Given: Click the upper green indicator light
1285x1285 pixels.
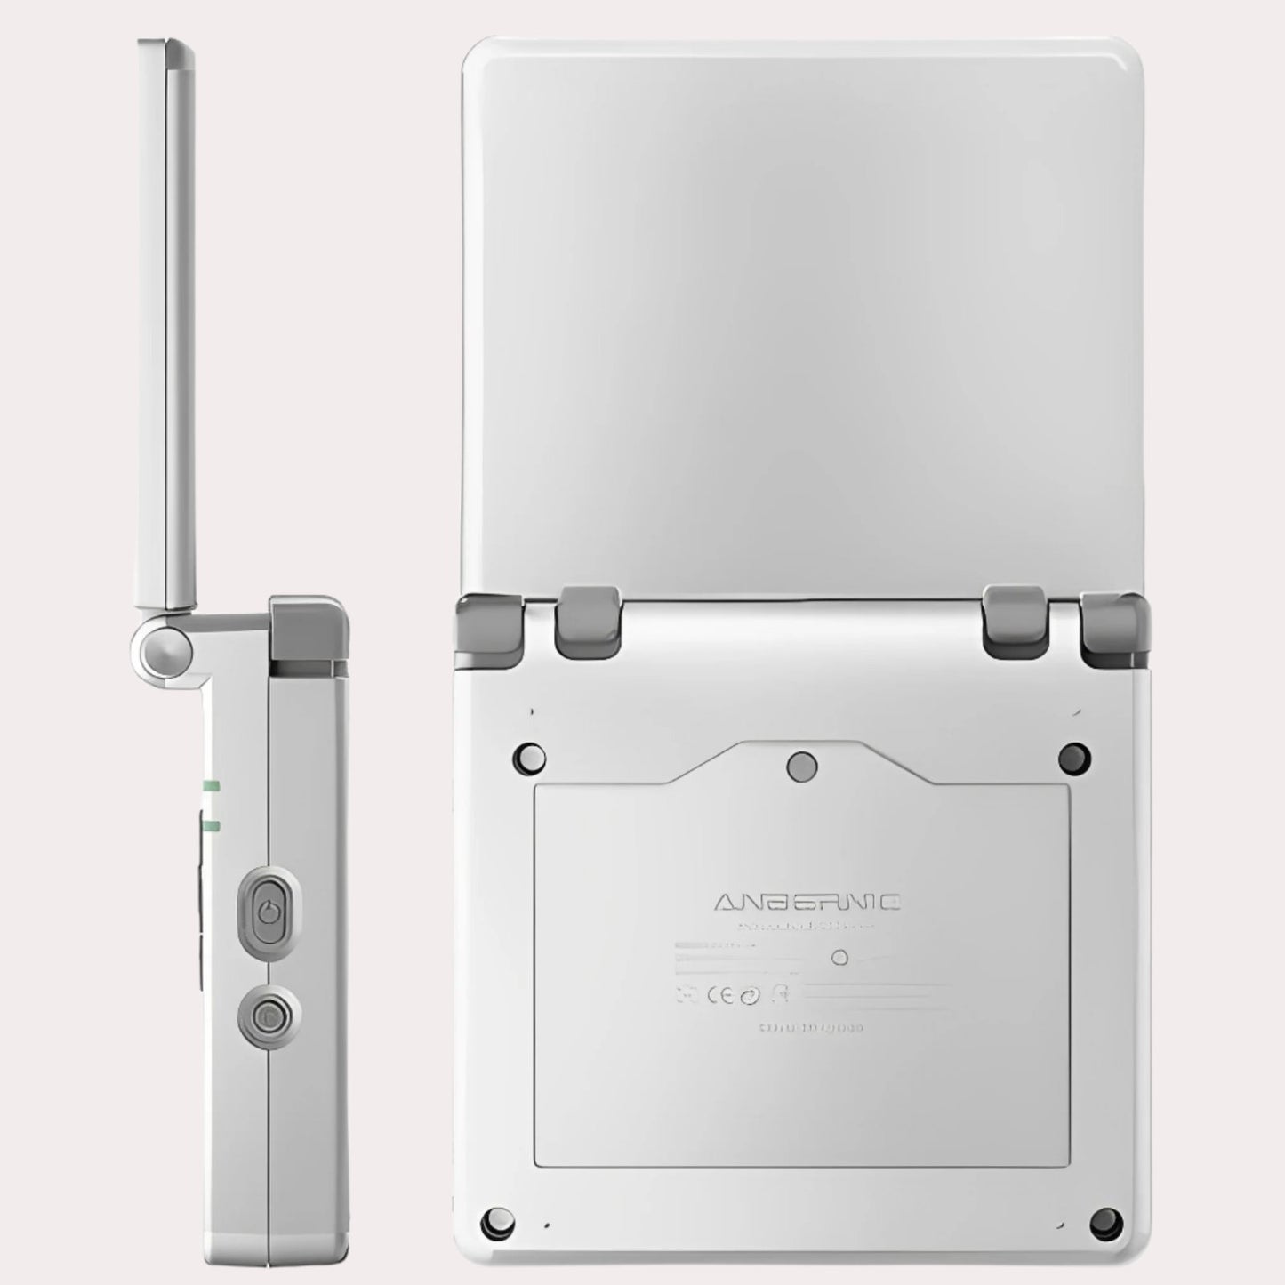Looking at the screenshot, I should [x=212, y=785].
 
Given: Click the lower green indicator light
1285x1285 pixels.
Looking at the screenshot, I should [x=212, y=826].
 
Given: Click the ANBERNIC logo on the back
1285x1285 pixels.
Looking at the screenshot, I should [x=807, y=903].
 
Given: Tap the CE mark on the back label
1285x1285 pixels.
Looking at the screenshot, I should [x=719, y=994].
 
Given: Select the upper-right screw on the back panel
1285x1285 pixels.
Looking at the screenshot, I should [x=1074, y=757].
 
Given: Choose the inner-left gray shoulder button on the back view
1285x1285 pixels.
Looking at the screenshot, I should [x=587, y=618].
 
